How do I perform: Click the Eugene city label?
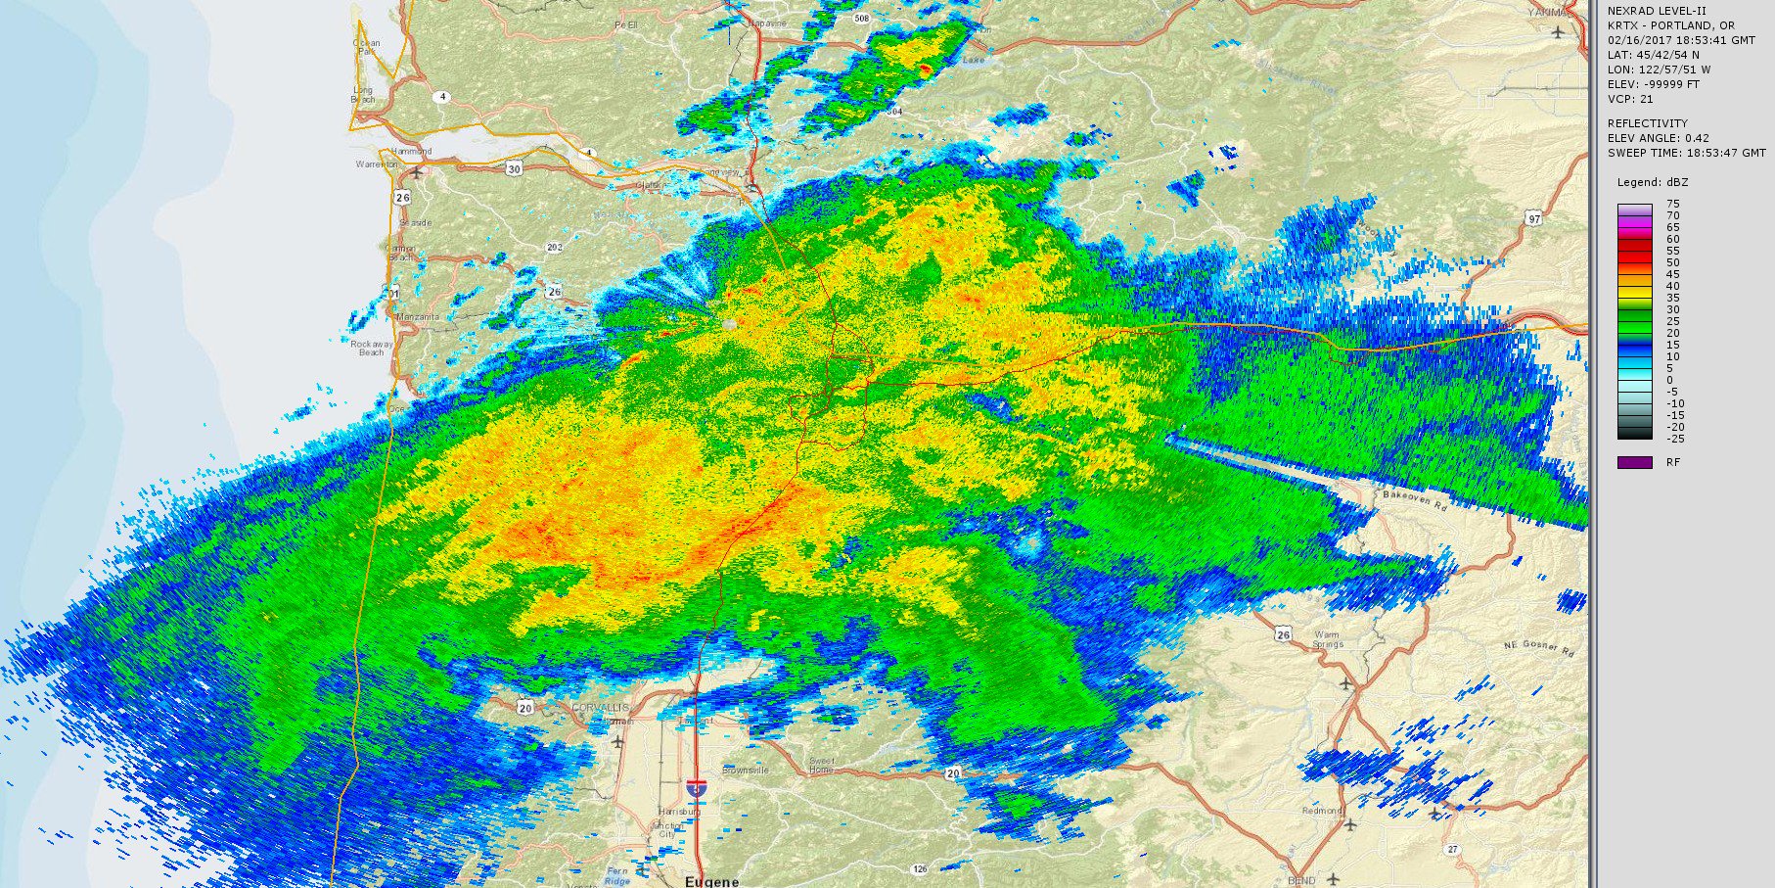pyautogui.click(x=711, y=881)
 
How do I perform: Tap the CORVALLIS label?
pyautogui.click(x=598, y=706)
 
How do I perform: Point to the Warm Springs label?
pyautogui.click(x=1327, y=639)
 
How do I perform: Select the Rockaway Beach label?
pyautogui.click(x=372, y=348)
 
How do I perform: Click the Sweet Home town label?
pyautogui.click(x=821, y=765)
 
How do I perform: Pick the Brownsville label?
pyautogui.click(x=746, y=771)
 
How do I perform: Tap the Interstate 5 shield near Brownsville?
pyautogui.click(x=696, y=786)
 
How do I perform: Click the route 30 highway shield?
pyautogui.click(x=514, y=169)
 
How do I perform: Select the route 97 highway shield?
pyautogui.click(x=1533, y=218)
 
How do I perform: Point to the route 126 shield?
pyautogui.click(x=919, y=868)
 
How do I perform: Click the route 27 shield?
pyautogui.click(x=1453, y=849)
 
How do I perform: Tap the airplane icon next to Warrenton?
pyautogui.click(x=418, y=172)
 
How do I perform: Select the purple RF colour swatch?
pyautogui.click(x=1634, y=462)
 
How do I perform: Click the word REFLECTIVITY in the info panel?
pyautogui.click(x=1648, y=123)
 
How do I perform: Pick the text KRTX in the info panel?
pyautogui.click(x=1623, y=25)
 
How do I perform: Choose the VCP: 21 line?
pyautogui.click(x=1630, y=99)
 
